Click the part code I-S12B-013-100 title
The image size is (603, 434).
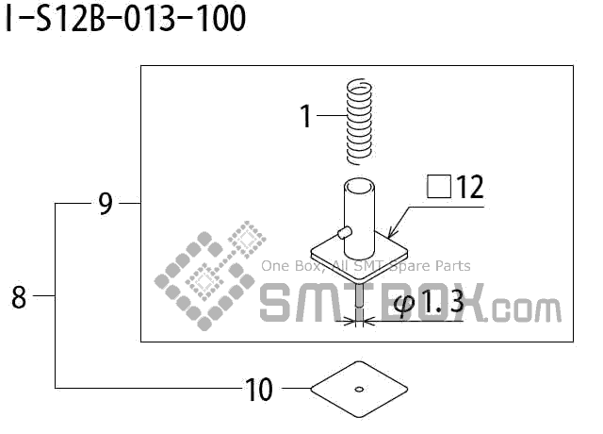coord(125,18)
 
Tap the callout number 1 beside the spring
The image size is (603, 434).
coord(305,116)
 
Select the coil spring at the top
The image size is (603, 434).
coord(359,122)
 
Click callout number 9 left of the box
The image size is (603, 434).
coord(106,204)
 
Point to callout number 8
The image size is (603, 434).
coord(19,297)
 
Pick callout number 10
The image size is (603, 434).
coord(258,390)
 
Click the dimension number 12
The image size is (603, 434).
coord(469,187)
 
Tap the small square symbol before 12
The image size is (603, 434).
coord(439,187)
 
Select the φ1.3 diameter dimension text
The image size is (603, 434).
coord(429,302)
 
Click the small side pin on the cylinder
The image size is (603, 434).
coord(344,233)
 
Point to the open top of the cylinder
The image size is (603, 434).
coord(359,187)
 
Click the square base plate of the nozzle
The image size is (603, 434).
coord(359,256)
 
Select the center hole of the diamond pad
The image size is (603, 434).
coord(359,390)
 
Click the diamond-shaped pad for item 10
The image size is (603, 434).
coord(359,390)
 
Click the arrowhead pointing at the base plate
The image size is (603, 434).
coord(392,233)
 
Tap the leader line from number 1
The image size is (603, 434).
coord(332,115)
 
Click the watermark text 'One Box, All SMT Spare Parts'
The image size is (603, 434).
coord(366,266)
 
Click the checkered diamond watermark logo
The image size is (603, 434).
coord(210,275)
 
